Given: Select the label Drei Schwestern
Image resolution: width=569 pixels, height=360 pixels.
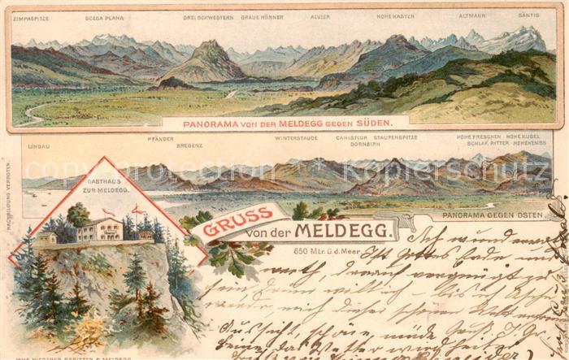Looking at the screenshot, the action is (211, 16).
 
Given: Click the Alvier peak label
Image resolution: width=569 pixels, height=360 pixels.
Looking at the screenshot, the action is (320, 16).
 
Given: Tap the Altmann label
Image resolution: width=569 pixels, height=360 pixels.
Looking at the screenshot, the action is (471, 16).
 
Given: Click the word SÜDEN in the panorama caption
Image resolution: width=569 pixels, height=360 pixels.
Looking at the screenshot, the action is (374, 123).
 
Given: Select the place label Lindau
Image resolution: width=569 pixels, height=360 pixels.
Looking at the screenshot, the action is (37, 145).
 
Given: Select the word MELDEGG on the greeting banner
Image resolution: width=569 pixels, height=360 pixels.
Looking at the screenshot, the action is (363, 231).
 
